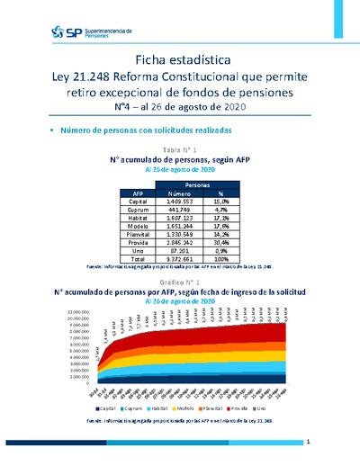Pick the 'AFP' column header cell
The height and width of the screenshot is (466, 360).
[138, 193]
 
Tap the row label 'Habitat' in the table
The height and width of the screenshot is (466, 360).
[139, 218]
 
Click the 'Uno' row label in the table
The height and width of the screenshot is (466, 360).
[138, 250]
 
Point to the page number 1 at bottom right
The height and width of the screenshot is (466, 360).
[307, 442]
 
